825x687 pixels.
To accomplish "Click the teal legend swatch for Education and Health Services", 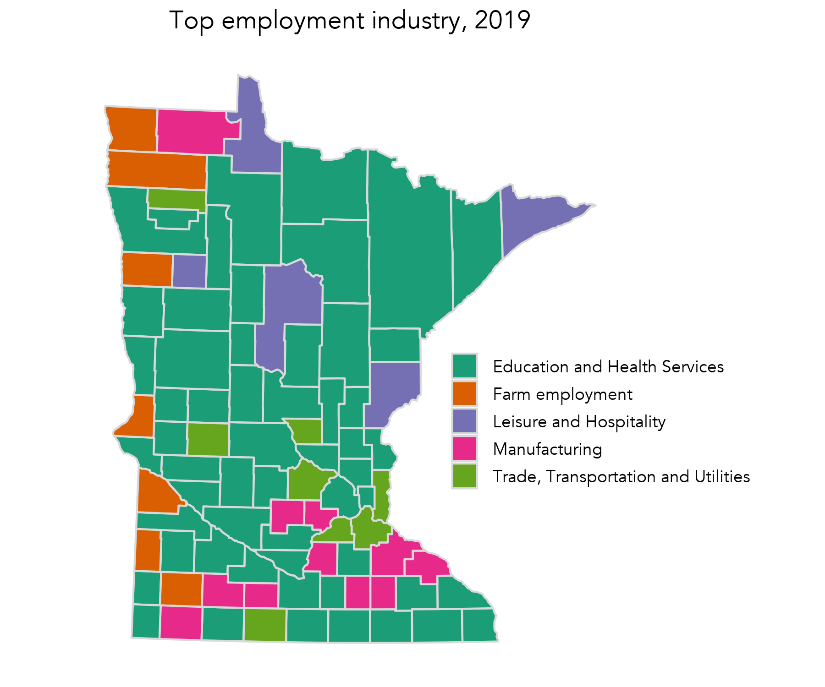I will pos(464,366).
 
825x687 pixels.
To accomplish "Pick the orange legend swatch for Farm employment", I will pos(464,393).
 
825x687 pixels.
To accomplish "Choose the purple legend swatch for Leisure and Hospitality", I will pos(464,421).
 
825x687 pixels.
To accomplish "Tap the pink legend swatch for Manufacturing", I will pos(464,448).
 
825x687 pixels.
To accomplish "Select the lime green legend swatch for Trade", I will pos(464,476).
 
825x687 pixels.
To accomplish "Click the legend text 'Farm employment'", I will pos(562,394).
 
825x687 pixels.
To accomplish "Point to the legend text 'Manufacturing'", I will pos(547,449).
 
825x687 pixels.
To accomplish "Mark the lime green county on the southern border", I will pos(265,625).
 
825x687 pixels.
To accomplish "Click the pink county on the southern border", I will pos(181,623).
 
